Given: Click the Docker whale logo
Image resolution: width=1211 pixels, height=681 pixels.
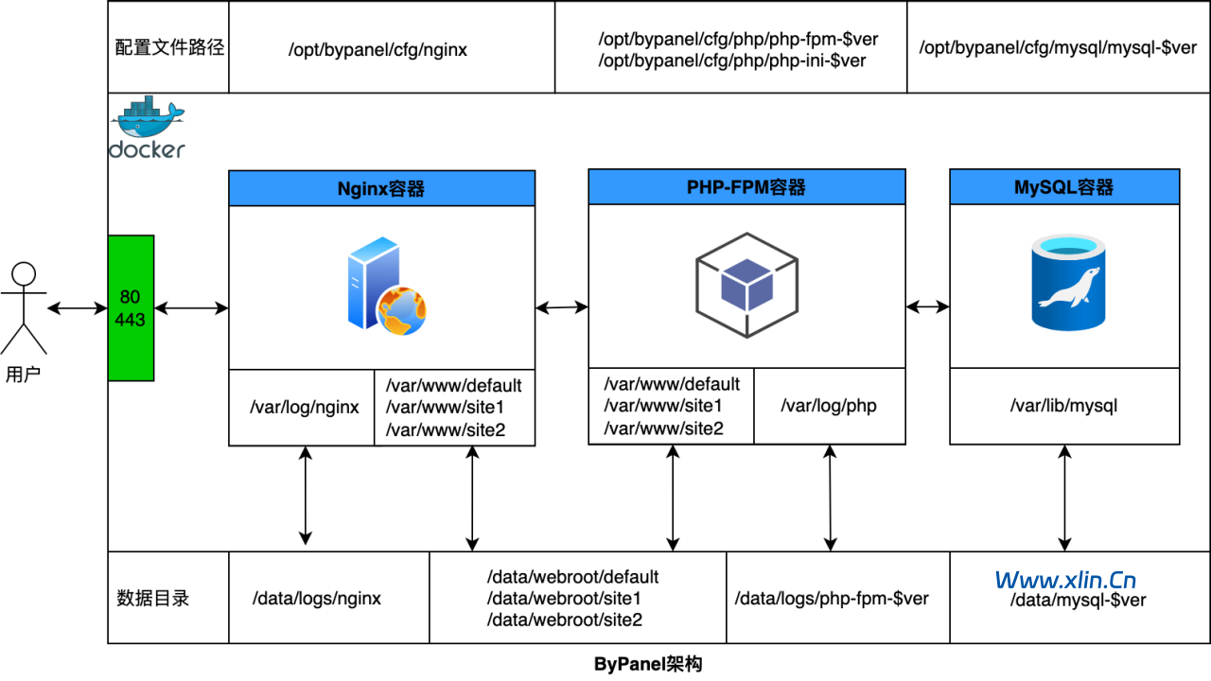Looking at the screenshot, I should click(x=148, y=127).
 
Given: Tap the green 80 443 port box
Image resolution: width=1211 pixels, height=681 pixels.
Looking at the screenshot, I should click(x=131, y=308).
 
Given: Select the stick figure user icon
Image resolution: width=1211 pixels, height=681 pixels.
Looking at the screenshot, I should click(x=24, y=308).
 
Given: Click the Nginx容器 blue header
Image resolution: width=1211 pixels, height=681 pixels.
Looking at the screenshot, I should click(x=381, y=188).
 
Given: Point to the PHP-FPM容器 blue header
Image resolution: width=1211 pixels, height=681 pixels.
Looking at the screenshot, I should click(x=746, y=187).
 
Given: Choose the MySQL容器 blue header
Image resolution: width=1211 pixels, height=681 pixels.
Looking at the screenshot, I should click(x=1064, y=187).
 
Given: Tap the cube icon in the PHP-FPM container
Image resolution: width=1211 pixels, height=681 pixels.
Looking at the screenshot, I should click(x=746, y=282).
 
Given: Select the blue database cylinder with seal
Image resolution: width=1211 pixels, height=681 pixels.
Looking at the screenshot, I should click(x=1067, y=284).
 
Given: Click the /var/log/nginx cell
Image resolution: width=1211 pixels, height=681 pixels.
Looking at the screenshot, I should click(x=304, y=408).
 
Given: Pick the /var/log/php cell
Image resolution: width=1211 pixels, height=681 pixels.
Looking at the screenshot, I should click(x=829, y=406).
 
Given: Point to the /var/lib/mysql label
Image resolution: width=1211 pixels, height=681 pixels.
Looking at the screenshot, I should click(x=1064, y=406).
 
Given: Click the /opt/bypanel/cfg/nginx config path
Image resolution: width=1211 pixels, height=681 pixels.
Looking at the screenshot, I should click(x=378, y=49).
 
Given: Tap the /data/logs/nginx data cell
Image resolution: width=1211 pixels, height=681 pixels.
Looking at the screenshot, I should click(x=317, y=599).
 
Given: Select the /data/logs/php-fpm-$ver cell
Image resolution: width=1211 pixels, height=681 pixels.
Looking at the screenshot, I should click(x=832, y=599).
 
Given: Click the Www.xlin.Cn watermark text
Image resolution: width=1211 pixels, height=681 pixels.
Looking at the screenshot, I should click(x=1065, y=580).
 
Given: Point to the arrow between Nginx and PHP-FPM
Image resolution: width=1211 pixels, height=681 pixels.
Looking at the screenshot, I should click(x=561, y=306).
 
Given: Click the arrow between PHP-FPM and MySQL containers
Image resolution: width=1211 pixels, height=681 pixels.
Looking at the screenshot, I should click(x=927, y=306).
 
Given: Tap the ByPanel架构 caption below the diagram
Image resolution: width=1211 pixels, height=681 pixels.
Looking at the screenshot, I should click(x=648, y=664).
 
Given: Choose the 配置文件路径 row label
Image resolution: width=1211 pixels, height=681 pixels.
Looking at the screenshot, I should click(x=169, y=47).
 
